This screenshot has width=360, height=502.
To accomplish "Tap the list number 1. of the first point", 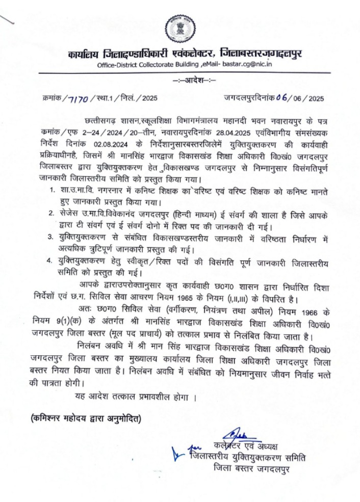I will tap(52, 191).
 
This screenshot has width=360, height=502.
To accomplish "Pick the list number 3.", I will tap(52, 237).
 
